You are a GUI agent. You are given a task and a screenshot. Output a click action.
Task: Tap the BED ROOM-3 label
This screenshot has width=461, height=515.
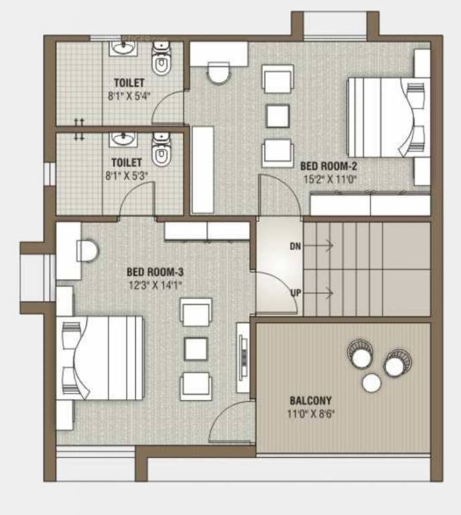coord(155,272)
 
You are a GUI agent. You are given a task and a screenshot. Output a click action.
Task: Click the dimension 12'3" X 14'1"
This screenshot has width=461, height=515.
coord(155,284)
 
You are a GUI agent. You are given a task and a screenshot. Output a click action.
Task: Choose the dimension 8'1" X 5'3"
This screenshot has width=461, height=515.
coord(126,175)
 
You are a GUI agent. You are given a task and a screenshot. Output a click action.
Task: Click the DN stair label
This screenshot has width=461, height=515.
coord(295,246)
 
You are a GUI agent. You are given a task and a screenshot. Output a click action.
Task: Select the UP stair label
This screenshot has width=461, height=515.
coord(295,292)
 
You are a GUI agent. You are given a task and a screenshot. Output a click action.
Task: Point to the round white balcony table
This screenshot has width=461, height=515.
coord(371,383)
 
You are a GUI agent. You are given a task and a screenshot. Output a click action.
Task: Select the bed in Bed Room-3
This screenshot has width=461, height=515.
coord(104,358)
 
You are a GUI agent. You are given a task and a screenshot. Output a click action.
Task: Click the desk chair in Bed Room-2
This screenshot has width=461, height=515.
coord(218,72)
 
